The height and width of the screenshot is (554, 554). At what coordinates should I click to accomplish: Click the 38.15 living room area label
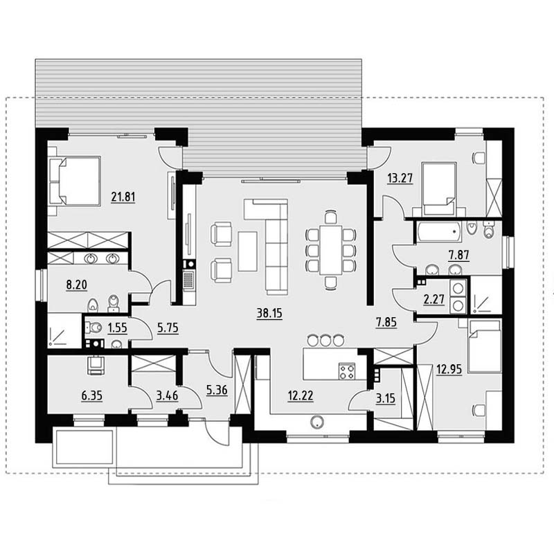(269, 313)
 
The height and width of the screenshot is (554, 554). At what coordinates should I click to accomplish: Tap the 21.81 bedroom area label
(123, 197)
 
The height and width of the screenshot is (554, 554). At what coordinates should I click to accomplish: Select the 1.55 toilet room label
(117, 328)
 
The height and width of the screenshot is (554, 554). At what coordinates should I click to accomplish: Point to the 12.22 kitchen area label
(301, 396)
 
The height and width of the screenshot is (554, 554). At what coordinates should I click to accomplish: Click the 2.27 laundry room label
(434, 300)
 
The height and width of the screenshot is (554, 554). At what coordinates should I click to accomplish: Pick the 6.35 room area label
(92, 395)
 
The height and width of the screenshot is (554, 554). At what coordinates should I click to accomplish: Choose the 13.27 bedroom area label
(400, 178)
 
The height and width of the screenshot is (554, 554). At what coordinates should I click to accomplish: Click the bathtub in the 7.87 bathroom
(438, 232)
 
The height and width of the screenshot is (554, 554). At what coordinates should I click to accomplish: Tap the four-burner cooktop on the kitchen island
(347, 371)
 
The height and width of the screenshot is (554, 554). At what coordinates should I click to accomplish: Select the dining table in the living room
(331, 249)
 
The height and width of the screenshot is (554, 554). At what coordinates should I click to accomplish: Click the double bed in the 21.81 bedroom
(75, 181)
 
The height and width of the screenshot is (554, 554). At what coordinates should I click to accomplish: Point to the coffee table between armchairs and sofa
(248, 251)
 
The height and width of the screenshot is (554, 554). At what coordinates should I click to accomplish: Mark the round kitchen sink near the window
(317, 422)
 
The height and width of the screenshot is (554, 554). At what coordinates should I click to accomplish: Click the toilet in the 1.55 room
(93, 328)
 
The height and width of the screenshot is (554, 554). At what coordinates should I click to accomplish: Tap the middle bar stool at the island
(325, 339)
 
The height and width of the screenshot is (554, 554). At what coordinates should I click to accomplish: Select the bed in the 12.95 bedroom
(484, 346)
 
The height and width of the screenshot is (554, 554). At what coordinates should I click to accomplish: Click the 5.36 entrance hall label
(217, 390)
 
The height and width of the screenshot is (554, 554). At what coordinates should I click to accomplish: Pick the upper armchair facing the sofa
(221, 233)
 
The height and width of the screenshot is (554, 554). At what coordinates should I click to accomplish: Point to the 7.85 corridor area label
(386, 322)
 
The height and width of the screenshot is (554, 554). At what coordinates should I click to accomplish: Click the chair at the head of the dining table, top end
(331, 217)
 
